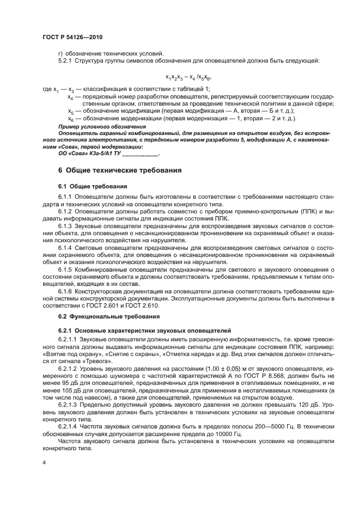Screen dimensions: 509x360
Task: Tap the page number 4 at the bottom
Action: click(x=44, y=462)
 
